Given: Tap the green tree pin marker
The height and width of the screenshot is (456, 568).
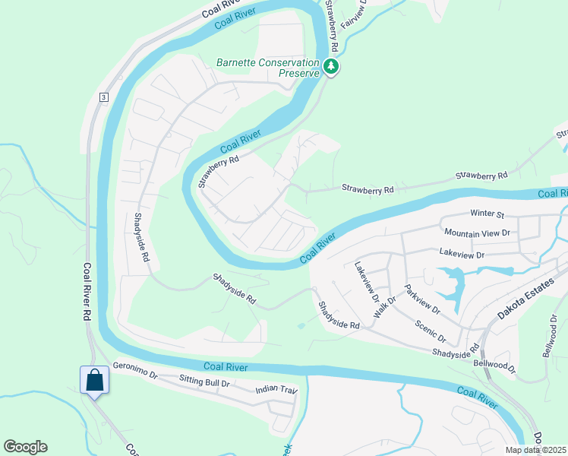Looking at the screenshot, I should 331,67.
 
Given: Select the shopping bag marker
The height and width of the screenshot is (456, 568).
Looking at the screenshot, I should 94,379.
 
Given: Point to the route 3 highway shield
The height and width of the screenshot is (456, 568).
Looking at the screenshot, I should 103,97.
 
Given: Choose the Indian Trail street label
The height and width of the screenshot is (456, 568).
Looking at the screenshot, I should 276,390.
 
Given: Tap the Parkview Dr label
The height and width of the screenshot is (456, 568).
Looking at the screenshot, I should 422,299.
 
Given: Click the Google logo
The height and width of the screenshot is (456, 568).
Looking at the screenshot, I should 25,447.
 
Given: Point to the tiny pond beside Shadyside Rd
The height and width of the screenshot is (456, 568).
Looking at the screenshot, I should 302,326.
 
